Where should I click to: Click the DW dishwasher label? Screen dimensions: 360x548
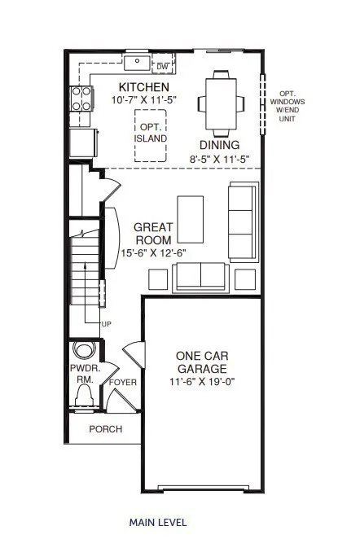(163, 67)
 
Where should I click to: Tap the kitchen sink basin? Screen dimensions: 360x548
(138, 63)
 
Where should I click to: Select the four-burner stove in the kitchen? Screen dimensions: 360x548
(81, 99)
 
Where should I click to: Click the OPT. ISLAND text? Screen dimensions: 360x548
(151, 133)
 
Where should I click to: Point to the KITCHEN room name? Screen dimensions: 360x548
(144, 87)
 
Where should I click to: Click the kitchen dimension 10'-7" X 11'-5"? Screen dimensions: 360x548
(144, 100)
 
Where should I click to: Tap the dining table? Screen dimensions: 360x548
(221, 103)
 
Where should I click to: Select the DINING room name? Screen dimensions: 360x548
(219, 145)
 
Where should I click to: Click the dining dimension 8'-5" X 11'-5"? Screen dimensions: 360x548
(219, 159)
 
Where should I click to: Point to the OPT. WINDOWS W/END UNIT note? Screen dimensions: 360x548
(288, 106)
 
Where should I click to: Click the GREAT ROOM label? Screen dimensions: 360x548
(153, 234)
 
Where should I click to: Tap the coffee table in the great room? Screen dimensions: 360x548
(191, 219)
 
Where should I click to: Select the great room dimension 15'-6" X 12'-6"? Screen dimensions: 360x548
(153, 253)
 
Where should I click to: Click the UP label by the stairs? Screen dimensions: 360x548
(106, 324)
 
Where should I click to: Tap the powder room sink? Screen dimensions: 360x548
(84, 349)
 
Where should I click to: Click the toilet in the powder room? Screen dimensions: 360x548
(85, 395)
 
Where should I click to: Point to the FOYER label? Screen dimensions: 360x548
(123, 383)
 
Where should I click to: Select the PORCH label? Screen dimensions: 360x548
(106, 429)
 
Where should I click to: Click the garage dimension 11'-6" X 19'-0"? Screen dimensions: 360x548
(202, 381)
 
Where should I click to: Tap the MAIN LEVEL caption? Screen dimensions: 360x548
(158, 523)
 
